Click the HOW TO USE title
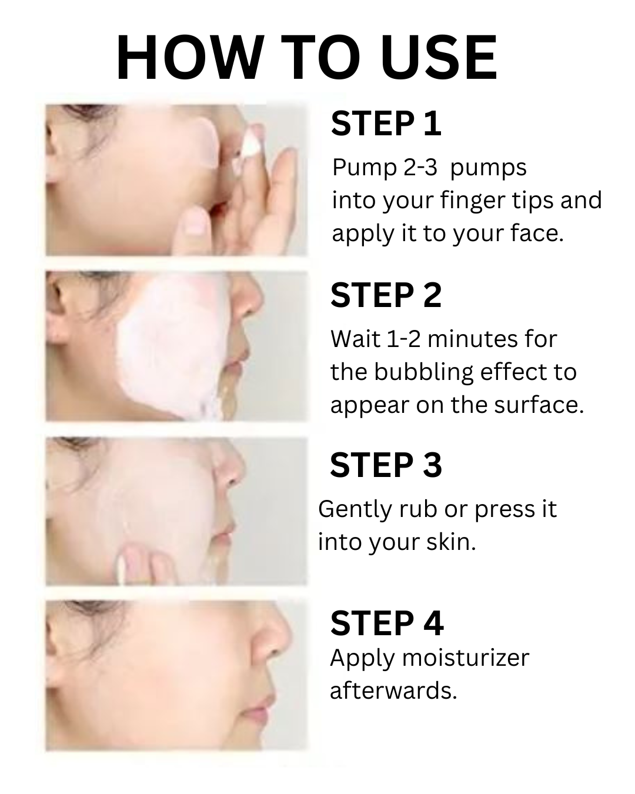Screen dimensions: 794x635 (x=307, y=58)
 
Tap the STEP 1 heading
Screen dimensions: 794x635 (x=386, y=124)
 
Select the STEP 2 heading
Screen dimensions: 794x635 (x=386, y=295)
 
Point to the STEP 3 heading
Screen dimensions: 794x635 (x=386, y=465)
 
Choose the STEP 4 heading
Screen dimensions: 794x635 (x=386, y=623)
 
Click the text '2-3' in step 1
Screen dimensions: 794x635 (x=420, y=168)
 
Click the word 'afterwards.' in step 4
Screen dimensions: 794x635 (x=393, y=691)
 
